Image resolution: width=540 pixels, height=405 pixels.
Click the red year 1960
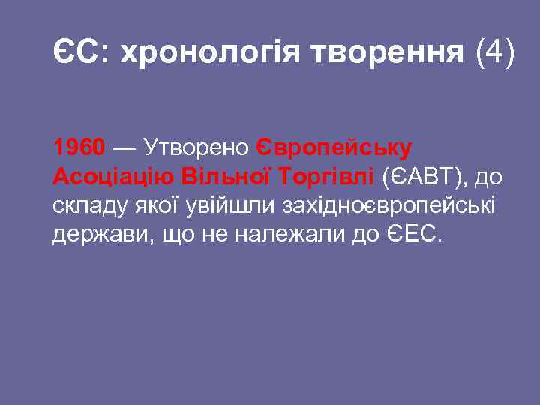pos(79,148)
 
